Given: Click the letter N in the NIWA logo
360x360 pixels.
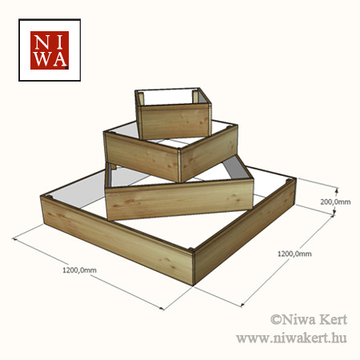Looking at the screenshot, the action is tap(42, 42).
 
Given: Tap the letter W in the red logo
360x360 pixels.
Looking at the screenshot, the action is tap(42, 59).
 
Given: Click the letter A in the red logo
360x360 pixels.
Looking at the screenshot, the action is tap(59, 59).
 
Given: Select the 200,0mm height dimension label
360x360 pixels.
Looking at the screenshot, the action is tap(335, 202).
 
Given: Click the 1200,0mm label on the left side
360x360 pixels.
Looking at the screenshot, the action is tap(79, 270).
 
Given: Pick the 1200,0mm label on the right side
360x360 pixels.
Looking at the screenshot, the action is tap(294, 254).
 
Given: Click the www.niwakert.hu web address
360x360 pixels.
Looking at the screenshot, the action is tap(291, 338).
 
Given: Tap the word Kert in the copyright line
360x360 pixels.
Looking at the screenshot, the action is tap(333, 319).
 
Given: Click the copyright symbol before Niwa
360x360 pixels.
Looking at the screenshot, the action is tap(276, 319).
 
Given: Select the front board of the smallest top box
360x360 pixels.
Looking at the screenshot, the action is tap(174, 122).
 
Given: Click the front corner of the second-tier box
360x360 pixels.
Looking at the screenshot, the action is tap(179, 166).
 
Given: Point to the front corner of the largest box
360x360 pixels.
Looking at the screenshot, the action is tap(193, 267).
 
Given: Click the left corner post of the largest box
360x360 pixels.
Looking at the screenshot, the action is tap(49, 197).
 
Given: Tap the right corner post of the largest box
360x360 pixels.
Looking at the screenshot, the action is tap(289, 181).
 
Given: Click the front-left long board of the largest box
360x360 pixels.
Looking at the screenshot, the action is tap(117, 239).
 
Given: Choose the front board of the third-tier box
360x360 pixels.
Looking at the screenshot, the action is tap(179, 200).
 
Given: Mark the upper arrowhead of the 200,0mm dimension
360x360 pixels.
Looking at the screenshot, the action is tap(337, 190).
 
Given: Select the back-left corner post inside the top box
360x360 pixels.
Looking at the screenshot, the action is tap(141, 98).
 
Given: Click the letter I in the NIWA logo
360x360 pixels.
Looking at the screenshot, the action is tap(59, 42).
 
